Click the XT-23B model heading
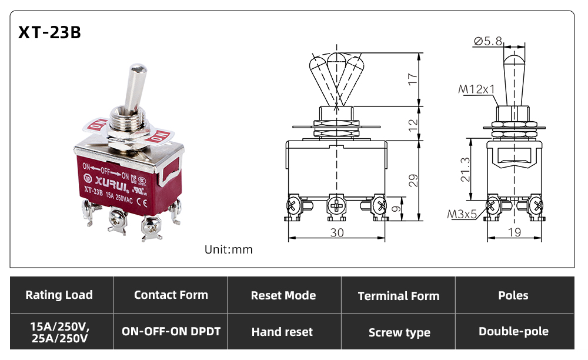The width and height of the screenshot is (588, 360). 49,32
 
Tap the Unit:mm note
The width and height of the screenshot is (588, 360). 228,249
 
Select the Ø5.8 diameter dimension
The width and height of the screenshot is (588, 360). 488,41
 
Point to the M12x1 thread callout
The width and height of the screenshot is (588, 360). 476,89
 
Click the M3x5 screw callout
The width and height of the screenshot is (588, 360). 462,214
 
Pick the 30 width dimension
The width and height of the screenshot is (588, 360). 337,233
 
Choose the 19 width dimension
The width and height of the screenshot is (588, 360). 514,232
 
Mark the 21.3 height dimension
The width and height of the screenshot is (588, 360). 465,169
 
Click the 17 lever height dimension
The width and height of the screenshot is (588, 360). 413,79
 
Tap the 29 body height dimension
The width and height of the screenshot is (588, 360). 413,181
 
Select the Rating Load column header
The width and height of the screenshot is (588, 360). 59,295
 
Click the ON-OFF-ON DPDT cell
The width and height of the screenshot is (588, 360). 171,332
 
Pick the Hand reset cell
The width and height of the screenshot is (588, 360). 282,332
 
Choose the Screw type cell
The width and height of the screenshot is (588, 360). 399,332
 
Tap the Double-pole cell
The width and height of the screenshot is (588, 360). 513,332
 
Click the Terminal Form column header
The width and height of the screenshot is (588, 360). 399,296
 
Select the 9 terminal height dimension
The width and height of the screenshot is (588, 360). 396,208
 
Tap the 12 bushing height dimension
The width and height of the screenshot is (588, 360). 413,125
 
